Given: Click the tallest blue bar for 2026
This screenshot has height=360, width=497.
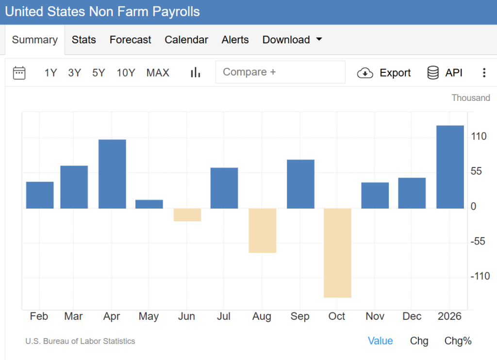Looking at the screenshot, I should pyautogui.click(x=450, y=167).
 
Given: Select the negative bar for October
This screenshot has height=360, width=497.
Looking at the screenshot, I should pyautogui.click(x=337, y=253).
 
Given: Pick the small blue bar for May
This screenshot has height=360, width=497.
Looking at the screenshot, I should pyautogui.click(x=149, y=204).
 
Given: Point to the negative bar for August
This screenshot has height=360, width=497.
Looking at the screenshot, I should pyautogui.click(x=262, y=230).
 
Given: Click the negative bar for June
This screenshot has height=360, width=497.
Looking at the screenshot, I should pyautogui.click(x=187, y=214).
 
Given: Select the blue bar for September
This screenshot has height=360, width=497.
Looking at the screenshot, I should pyautogui.click(x=300, y=184).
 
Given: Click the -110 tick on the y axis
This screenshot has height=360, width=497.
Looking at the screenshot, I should pyautogui.click(x=480, y=276).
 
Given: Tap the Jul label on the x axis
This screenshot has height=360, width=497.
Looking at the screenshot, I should pyautogui.click(x=224, y=316).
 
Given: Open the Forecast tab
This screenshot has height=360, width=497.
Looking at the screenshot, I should pyautogui.click(x=130, y=40).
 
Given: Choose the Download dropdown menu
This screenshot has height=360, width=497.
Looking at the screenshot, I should pyautogui.click(x=292, y=40).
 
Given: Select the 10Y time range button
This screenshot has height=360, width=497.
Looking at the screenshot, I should pyautogui.click(x=126, y=73).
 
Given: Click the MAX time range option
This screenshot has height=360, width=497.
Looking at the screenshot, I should pyautogui.click(x=158, y=73).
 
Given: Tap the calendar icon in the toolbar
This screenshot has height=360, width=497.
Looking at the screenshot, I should pyautogui.click(x=19, y=73).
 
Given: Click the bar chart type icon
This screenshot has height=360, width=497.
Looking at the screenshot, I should pyautogui.click(x=196, y=73).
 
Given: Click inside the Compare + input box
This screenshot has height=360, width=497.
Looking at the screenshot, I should pyautogui.click(x=280, y=72).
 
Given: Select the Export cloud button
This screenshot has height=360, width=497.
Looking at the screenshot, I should pyautogui.click(x=384, y=73).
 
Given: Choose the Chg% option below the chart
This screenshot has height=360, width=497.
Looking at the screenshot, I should pyautogui.click(x=458, y=341).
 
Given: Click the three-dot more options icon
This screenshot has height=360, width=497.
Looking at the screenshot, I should pyautogui.click(x=483, y=73).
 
